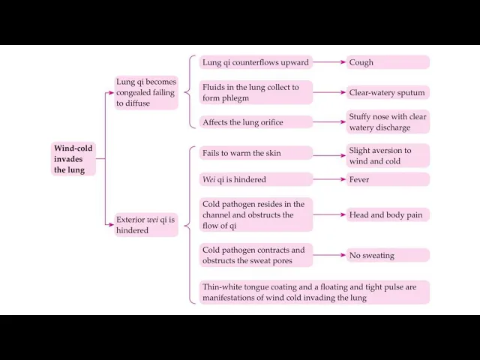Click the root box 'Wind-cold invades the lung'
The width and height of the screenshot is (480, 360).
click(74, 159)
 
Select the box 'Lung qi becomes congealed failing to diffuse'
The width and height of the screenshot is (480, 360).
click(146, 92)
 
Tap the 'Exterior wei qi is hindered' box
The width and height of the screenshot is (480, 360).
click(146, 225)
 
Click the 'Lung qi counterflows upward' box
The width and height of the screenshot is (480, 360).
click(256, 62)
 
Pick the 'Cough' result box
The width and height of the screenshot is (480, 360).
click(388, 62)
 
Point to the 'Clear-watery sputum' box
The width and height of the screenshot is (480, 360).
click(388, 93)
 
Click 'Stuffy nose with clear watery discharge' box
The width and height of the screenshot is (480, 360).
click(388, 122)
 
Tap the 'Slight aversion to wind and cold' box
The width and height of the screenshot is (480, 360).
click(388, 156)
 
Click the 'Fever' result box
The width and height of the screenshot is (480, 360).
click(388, 180)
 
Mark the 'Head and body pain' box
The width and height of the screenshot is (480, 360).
click(388, 215)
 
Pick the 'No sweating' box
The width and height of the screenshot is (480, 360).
click(388, 256)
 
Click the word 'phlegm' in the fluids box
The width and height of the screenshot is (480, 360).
click(235, 98)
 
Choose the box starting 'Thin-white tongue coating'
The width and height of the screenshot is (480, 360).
click(314, 292)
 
